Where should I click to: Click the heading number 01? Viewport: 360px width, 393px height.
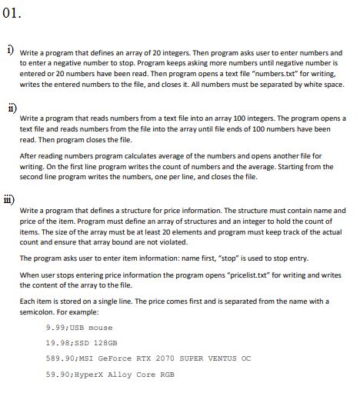13,13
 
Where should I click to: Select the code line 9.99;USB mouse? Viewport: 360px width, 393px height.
78,327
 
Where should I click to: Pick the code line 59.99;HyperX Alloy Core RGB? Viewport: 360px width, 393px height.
110,375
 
